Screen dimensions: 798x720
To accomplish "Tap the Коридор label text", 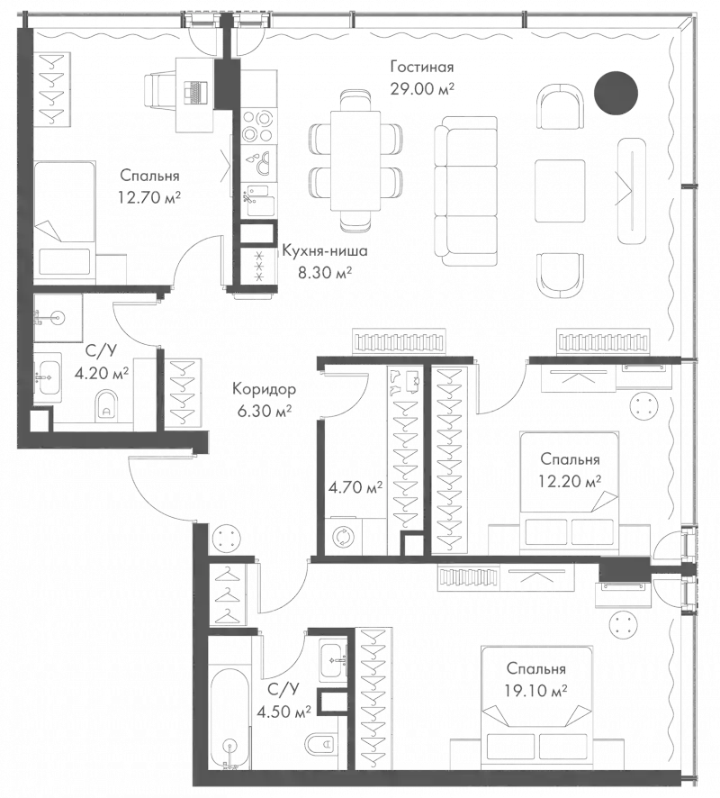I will click(x=263, y=390).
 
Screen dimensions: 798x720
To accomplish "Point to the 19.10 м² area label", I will click(x=535, y=693).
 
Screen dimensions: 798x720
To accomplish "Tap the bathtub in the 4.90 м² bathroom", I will click(x=225, y=712).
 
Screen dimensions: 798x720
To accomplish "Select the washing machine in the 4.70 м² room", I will click(x=342, y=538).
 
